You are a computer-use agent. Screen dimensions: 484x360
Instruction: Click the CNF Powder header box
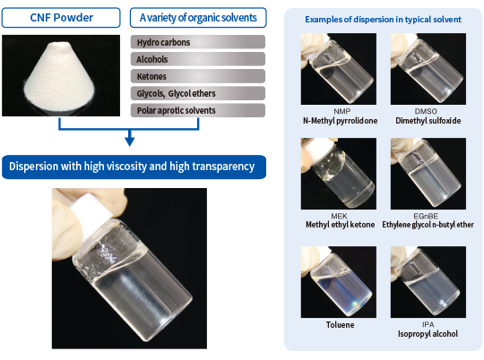pyautogui.click(x=61, y=18)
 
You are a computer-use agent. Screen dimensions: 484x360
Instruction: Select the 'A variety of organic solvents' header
pyautogui.click(x=198, y=18)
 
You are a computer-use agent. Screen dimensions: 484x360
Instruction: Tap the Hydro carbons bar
pyautogui.click(x=198, y=42)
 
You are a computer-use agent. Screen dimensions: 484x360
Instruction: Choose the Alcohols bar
pyautogui.click(x=198, y=59)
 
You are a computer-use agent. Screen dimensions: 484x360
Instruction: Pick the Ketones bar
pyautogui.click(x=198, y=76)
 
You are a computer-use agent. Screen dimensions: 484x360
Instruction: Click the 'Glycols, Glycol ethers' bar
pyautogui.click(x=198, y=93)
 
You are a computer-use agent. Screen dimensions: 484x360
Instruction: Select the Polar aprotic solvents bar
pyautogui.click(x=198, y=110)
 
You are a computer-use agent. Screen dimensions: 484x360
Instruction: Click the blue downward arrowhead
pyautogui.click(x=130, y=141)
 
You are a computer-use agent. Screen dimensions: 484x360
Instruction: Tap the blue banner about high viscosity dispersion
pyautogui.click(x=134, y=167)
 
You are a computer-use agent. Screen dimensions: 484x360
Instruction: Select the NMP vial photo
pyautogui.click(x=339, y=69)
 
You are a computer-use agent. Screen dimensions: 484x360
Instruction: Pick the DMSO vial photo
pyautogui.click(x=428, y=69)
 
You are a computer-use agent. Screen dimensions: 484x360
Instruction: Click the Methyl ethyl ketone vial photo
pyautogui.click(x=339, y=174)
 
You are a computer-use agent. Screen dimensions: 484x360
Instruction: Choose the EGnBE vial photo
pyautogui.click(x=428, y=174)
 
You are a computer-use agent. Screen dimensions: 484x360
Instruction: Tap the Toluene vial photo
pyautogui.click(x=339, y=282)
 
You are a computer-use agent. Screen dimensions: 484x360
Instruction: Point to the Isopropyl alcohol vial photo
pyautogui.click(x=428, y=282)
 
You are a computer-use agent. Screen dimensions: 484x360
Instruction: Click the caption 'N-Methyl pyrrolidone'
pyautogui.click(x=341, y=121)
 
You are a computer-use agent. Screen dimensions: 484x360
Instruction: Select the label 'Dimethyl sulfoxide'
pyautogui.click(x=428, y=121)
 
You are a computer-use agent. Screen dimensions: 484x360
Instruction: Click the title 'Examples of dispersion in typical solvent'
pyautogui.click(x=383, y=20)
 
